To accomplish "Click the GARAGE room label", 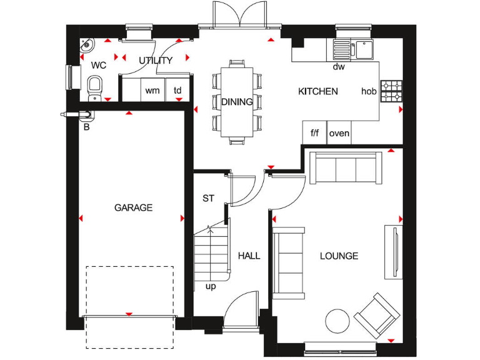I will click(x=133, y=207).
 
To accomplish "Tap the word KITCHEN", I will click(x=317, y=91).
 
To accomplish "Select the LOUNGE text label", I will click(x=339, y=256).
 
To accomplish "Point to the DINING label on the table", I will click(x=237, y=102).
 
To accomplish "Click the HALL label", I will click(x=249, y=256).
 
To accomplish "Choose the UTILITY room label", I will click(x=156, y=61).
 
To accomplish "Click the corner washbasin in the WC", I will click(x=87, y=45).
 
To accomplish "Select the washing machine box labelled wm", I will click(x=152, y=91).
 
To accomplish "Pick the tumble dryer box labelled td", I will click(x=177, y=91).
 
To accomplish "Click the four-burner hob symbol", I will click(x=392, y=91).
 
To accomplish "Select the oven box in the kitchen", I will click(x=339, y=133).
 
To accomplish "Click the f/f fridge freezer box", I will click(x=315, y=133).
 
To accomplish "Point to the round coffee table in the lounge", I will click(x=338, y=322).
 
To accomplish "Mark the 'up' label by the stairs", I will click(x=211, y=286).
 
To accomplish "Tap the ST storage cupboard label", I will click(x=208, y=198).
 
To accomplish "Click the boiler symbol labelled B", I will click(x=80, y=114).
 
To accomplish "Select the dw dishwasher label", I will click(x=339, y=66).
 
